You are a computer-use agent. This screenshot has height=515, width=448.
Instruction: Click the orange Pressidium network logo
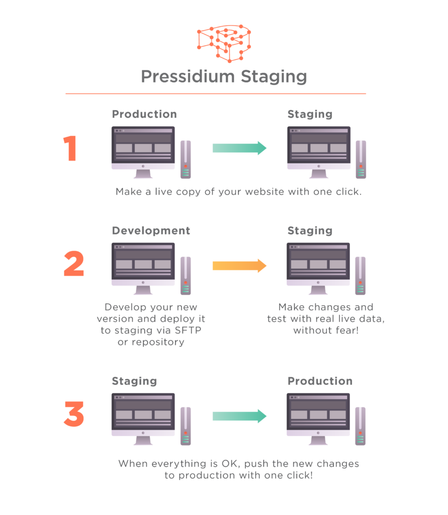click(224, 43)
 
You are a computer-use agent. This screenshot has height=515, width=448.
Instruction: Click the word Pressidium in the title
click(188, 77)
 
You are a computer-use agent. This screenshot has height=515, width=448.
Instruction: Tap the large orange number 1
click(70, 149)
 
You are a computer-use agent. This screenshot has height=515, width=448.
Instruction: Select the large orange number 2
click(73, 265)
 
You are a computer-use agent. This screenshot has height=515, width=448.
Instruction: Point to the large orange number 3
click(73, 415)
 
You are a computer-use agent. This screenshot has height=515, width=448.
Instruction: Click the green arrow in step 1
click(239, 148)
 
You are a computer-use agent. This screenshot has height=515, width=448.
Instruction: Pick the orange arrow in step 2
click(239, 265)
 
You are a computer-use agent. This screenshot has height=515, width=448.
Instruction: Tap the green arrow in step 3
click(239, 415)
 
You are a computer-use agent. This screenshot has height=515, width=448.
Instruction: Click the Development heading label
click(151, 231)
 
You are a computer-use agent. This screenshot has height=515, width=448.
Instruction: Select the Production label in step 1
click(144, 114)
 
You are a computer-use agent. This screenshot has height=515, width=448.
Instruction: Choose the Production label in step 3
click(320, 381)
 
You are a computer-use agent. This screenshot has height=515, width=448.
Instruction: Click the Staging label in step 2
click(310, 231)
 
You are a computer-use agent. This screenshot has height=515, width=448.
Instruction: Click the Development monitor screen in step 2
click(143, 263)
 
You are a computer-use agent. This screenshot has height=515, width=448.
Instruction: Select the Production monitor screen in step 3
click(318, 413)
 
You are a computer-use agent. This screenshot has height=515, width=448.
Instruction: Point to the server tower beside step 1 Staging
click(361, 159)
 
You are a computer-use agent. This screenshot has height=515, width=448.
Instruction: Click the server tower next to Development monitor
click(186, 276)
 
